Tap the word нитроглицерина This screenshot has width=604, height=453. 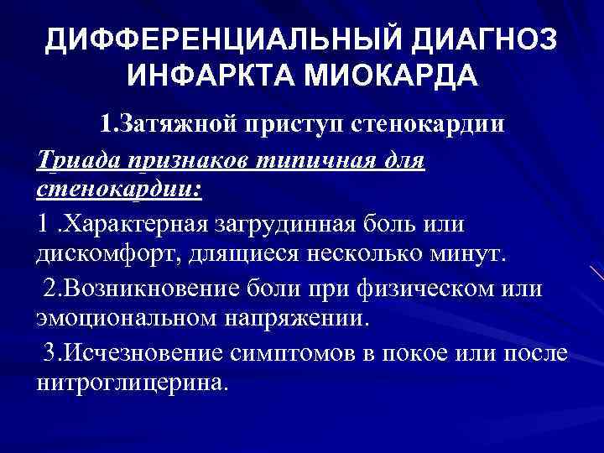tap(131, 383)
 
